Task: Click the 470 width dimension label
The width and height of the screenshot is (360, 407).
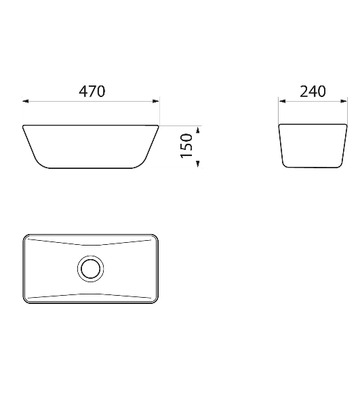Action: pyautogui.click(x=92, y=92)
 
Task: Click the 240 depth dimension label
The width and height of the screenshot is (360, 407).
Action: pyautogui.click(x=313, y=92)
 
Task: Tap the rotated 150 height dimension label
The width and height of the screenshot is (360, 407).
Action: pyautogui.click(x=186, y=145)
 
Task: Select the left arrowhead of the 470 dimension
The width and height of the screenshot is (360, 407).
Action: pyautogui.click(x=25, y=101)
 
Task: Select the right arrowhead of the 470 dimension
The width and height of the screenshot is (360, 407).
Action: pyautogui.click(x=156, y=101)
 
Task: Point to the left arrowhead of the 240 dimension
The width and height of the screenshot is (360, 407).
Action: pyautogui.click(x=282, y=101)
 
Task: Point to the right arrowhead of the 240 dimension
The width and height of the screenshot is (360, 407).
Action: pyautogui.click(x=344, y=101)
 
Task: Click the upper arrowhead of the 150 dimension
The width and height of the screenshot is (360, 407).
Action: pyautogui.click(x=198, y=130)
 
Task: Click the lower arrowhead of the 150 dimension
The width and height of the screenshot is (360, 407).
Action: pyautogui.click(x=198, y=164)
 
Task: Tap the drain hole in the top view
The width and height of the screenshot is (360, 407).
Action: pyautogui.click(x=91, y=269)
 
